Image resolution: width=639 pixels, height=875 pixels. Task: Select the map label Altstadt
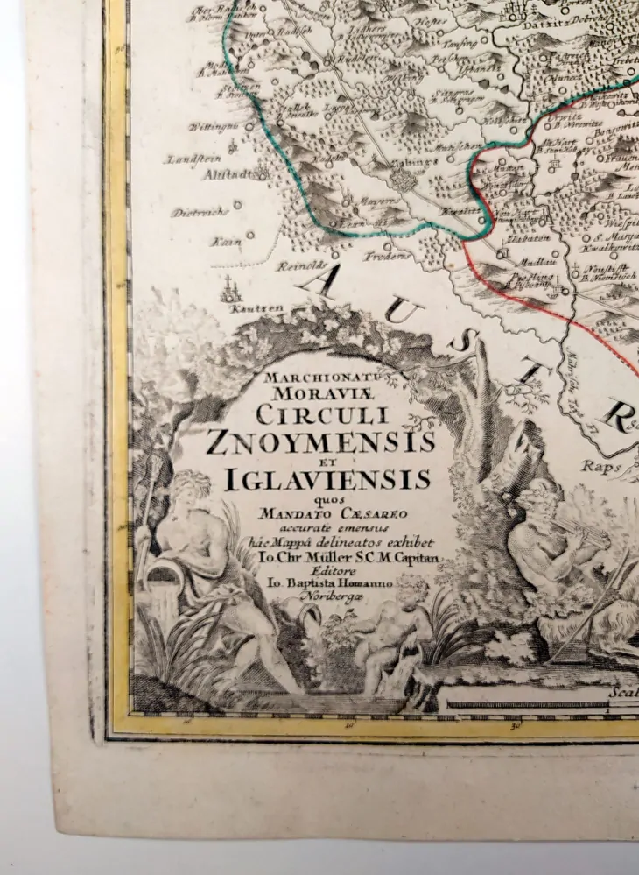click(x=229, y=174)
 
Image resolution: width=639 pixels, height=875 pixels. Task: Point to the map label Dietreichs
click(x=200, y=211)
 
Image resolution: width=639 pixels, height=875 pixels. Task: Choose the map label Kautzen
click(x=238, y=308)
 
